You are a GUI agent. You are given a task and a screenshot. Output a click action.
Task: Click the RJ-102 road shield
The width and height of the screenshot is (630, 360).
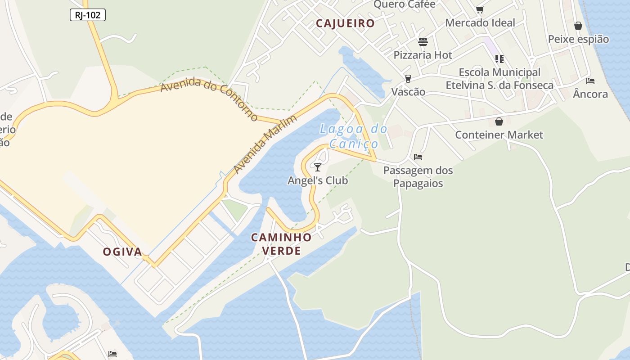[x=88, y=15]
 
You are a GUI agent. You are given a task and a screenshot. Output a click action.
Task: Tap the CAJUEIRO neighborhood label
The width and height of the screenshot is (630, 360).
[x=345, y=23]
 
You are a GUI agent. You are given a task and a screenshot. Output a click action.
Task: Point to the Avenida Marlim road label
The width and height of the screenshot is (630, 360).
[x=265, y=144]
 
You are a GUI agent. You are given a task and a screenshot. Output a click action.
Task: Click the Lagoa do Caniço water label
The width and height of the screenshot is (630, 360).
[x=354, y=136]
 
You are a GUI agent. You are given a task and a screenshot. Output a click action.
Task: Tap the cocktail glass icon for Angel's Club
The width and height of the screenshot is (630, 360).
[x=318, y=167]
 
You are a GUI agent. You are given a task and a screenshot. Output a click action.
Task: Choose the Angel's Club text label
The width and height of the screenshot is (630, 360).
[x=318, y=180]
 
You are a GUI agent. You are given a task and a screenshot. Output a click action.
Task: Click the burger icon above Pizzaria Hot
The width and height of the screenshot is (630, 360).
[x=423, y=42]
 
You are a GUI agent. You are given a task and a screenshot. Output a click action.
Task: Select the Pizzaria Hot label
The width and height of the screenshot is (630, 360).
[x=423, y=55]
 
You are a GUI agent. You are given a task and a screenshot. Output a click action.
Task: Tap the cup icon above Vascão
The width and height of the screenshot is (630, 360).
[x=408, y=78]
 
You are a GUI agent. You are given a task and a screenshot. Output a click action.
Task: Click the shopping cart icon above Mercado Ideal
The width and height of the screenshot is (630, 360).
[x=480, y=9]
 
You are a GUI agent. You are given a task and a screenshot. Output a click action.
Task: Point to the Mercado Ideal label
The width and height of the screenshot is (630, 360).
[x=480, y=22]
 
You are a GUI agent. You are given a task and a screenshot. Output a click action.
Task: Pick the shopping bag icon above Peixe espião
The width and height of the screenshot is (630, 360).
[x=578, y=26]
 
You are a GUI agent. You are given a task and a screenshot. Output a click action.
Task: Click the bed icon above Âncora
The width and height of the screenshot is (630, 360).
[x=590, y=81]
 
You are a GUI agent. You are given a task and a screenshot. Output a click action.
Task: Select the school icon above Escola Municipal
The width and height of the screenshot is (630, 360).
[x=499, y=58]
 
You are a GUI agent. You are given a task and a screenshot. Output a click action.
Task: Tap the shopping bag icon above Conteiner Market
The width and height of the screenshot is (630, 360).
[x=499, y=121]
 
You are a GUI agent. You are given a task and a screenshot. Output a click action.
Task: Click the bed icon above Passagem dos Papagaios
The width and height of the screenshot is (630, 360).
[x=418, y=157]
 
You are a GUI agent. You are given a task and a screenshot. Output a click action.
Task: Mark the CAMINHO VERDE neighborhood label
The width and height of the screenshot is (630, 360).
[x=281, y=243]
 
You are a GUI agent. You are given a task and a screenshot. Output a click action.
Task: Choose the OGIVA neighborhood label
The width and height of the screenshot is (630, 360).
[x=122, y=252]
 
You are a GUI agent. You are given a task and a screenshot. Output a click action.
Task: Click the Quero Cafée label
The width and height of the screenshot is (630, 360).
[x=405, y=4]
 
